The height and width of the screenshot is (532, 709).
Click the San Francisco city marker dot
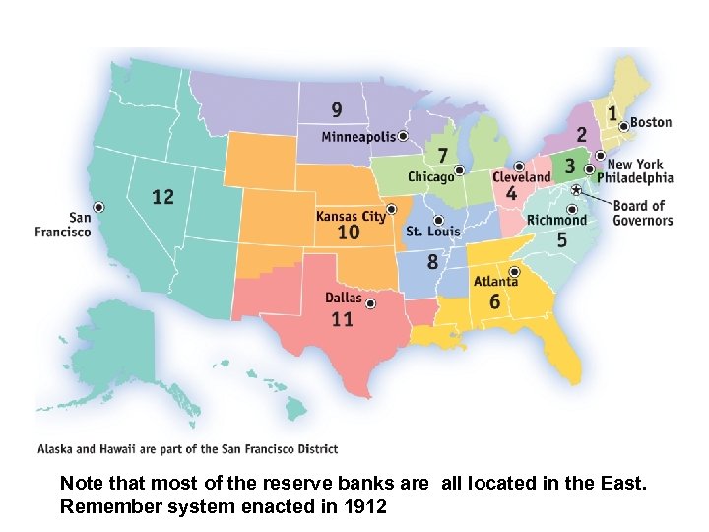(98, 206)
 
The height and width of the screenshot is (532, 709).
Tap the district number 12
(162, 197)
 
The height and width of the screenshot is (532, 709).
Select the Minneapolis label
(358, 136)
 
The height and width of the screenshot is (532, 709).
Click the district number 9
(337, 109)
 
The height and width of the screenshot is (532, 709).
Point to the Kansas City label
(351, 216)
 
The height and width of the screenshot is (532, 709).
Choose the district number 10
(349, 233)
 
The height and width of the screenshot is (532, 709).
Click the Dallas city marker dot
(370, 304)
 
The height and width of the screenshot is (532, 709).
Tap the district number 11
(342, 319)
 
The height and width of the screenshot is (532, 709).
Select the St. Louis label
(433, 232)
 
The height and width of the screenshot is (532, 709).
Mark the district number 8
(432, 262)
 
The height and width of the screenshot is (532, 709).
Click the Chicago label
(431, 177)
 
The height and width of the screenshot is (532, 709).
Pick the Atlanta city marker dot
(514, 272)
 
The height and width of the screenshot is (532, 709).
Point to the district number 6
(494, 301)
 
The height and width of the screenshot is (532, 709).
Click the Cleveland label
(521, 177)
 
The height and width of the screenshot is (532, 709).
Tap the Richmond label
(556, 220)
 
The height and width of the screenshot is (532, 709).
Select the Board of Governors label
(642, 213)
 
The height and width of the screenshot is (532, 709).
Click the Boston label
(651, 123)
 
